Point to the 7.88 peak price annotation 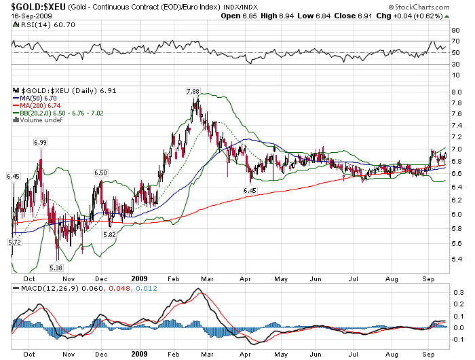[x=193, y=91]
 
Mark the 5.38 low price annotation [x=56, y=268]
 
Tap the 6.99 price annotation [x=40, y=142]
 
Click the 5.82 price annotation [x=109, y=234]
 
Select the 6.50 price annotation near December [x=101, y=173]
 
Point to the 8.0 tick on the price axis [x=457, y=92]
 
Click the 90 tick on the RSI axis [x=456, y=31]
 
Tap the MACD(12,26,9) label [x=45, y=289]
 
